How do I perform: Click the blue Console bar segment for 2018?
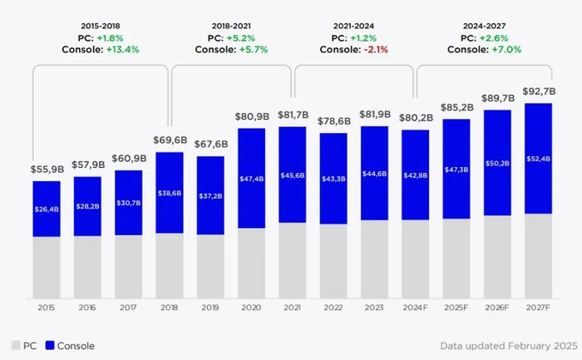pyautogui.click(x=170, y=193)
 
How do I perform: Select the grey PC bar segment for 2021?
pyautogui.click(x=292, y=260)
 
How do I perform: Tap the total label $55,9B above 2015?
pyautogui.click(x=47, y=170)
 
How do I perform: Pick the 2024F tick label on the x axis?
pyautogui.click(x=415, y=308)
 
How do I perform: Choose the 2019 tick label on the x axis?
pyautogui.click(x=210, y=308)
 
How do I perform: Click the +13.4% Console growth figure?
pyautogui.click(x=122, y=49)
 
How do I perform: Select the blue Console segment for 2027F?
pyautogui.click(x=538, y=159)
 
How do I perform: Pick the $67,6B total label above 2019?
pyautogui.click(x=210, y=145)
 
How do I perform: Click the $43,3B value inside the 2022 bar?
pyautogui.click(x=333, y=179)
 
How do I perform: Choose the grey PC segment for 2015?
pyautogui.click(x=47, y=268)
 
